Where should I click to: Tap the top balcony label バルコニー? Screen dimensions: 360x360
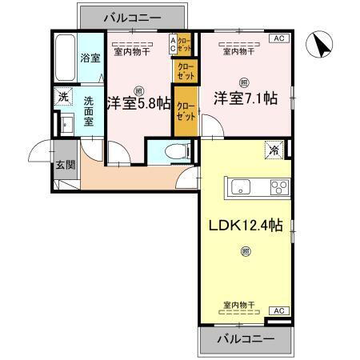tap(120, 15)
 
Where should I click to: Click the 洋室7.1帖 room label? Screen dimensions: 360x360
tap(245, 98)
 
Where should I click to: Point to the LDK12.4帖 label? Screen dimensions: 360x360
tap(246, 226)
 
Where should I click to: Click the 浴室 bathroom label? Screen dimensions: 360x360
tap(90, 58)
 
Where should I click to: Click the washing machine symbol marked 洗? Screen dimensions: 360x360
tap(63, 98)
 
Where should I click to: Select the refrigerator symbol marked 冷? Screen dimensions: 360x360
tap(274, 149)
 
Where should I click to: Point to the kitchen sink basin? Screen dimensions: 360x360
tap(242, 188)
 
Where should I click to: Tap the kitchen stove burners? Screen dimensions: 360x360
tap(278, 188)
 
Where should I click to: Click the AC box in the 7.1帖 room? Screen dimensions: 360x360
tap(280, 38)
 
